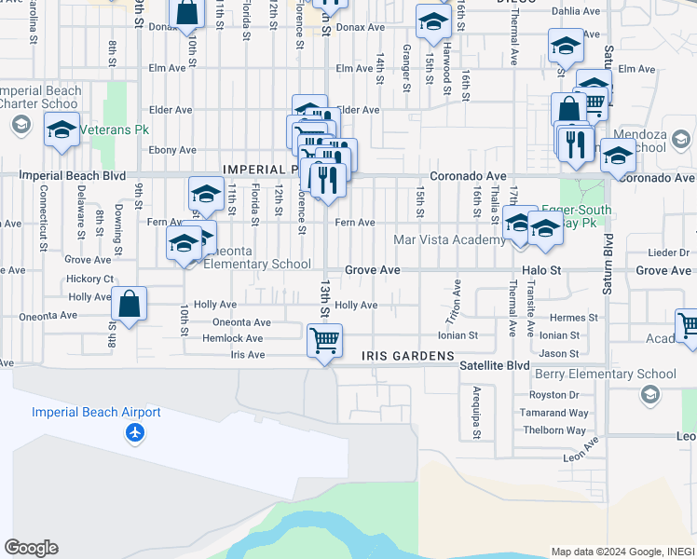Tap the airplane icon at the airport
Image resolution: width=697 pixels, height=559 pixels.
pyautogui.click(x=136, y=432)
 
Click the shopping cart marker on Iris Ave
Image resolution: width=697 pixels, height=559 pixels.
pyautogui.click(x=324, y=342)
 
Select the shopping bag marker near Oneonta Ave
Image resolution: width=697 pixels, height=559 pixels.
pyautogui.click(x=129, y=304)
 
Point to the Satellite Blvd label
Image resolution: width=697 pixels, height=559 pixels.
pyautogui.click(x=494, y=365)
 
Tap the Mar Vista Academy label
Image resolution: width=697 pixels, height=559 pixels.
pyautogui.click(x=449, y=239)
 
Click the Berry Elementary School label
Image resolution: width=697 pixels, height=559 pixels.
pyautogui.click(x=606, y=375)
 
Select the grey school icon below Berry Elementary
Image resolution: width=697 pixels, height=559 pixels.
pyautogui.click(x=649, y=394)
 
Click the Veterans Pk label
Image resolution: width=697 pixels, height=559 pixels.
pyautogui.click(x=113, y=130)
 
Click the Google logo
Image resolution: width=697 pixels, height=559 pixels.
pyautogui.click(x=31, y=548)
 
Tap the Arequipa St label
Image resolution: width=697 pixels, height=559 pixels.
pyautogui.click(x=476, y=403)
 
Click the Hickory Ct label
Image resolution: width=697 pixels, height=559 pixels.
pyautogui.click(x=89, y=279)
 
